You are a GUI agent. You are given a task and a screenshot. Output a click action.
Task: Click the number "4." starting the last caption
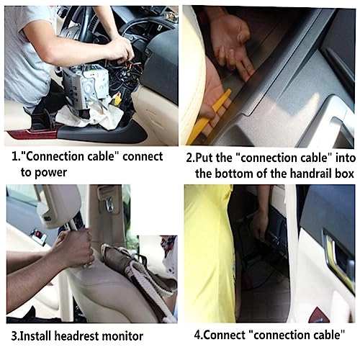coord(201,334)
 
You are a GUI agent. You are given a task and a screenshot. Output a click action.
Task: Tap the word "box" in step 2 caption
coord(341,174)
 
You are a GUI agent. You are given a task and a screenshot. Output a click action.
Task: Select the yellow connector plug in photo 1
coord(117,99)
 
